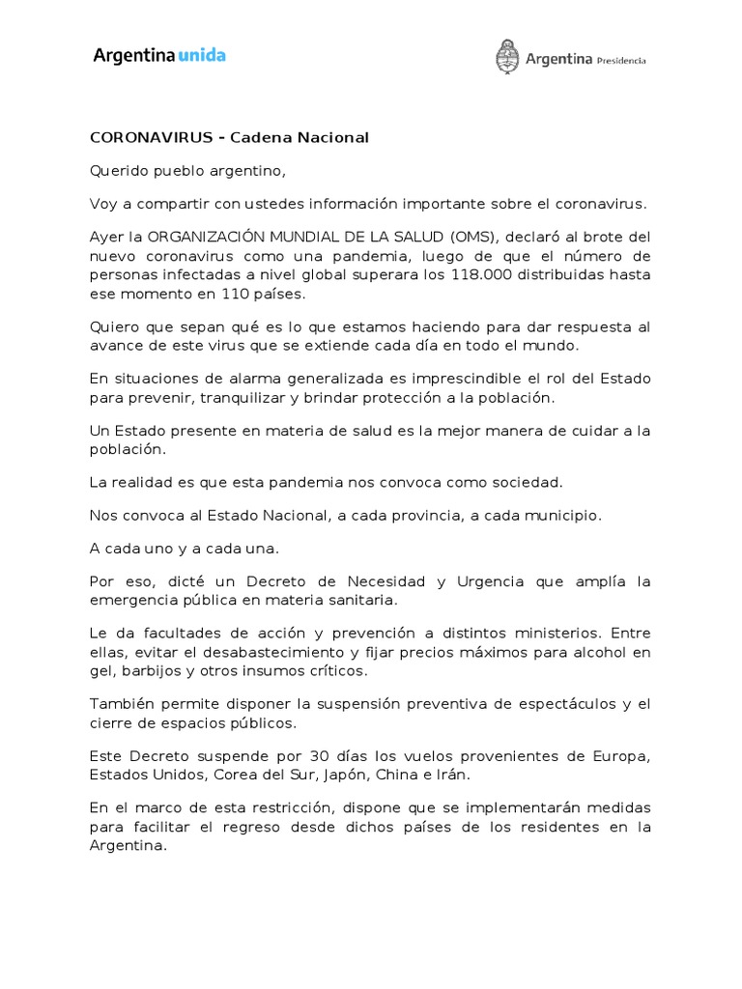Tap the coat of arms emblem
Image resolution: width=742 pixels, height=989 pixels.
506,57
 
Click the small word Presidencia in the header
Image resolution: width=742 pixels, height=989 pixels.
621,60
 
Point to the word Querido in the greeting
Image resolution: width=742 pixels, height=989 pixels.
118,171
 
